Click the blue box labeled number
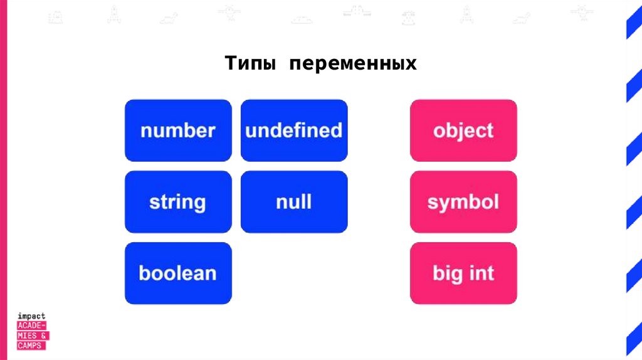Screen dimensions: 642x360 [178, 130]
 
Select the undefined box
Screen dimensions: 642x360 [294, 130]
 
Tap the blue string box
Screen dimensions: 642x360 [178, 202]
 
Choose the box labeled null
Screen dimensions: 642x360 [294, 202]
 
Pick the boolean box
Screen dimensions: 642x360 [178, 273]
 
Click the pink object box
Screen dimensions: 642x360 [463, 130]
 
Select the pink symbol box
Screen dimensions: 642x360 [463, 202]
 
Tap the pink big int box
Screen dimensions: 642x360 [463, 273]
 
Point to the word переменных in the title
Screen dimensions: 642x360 [353, 64]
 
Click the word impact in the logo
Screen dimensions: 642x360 [32, 317]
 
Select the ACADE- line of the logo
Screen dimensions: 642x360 [33, 326]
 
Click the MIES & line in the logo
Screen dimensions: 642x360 [33, 336]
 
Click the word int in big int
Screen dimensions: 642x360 [481, 273]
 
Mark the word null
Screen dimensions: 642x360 [294, 202]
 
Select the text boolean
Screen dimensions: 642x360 [178, 273]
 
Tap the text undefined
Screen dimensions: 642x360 [294, 130]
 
